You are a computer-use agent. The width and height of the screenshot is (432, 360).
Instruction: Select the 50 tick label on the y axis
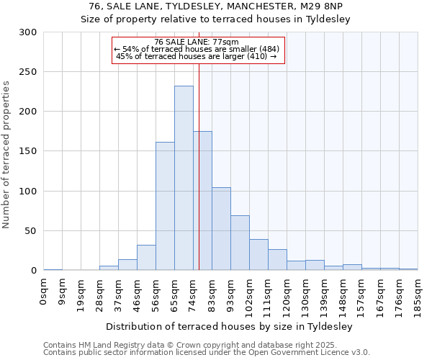click(x=30, y=231)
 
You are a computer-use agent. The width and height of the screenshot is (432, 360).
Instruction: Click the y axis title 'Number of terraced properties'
click(x=7, y=154)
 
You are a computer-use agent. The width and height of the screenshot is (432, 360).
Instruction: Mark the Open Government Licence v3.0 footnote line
click(x=207, y=352)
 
